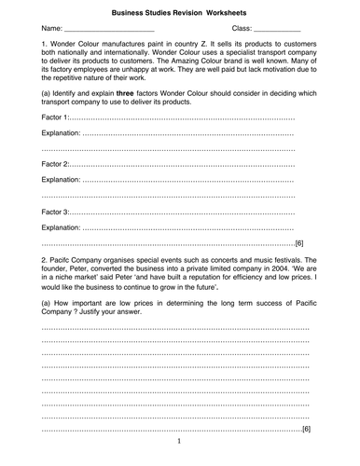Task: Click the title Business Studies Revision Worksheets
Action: click(x=179, y=14)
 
